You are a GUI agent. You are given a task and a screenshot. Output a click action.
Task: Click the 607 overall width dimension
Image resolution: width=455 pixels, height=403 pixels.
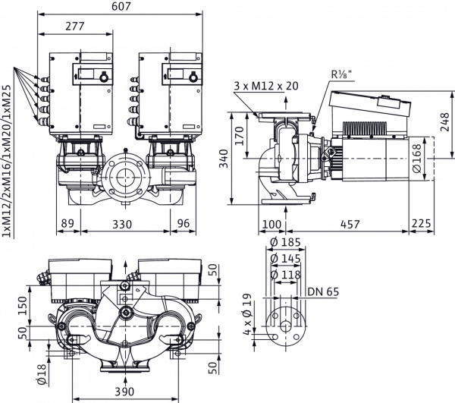point(121,6)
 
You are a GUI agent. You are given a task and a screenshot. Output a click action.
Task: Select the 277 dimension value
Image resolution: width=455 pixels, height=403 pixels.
point(75,26)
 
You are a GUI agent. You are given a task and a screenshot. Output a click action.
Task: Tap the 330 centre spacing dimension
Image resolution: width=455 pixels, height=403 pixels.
point(122,224)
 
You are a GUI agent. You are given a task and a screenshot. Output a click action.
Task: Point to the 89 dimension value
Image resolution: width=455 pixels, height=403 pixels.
point(67,224)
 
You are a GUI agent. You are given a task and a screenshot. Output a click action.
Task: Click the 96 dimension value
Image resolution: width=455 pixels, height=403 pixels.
point(184,224)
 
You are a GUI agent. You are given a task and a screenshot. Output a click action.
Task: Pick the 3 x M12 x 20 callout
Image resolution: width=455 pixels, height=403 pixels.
point(266,86)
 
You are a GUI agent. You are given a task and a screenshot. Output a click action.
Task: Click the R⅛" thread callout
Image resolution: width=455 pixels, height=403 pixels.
point(341,74)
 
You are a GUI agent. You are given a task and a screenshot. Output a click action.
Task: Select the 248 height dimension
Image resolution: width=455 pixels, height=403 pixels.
point(445,122)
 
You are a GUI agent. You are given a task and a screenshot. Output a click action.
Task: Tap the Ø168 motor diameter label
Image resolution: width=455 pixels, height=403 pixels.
point(417,159)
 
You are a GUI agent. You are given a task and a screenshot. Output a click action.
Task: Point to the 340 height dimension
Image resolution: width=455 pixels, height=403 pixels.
point(224,159)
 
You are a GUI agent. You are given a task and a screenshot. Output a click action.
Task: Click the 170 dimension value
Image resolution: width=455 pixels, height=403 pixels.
point(240,136)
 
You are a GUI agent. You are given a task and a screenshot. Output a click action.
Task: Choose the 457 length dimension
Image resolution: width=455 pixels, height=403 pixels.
point(350,224)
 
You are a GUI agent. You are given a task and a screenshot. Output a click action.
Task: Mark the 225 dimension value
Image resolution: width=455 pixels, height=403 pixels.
point(422,224)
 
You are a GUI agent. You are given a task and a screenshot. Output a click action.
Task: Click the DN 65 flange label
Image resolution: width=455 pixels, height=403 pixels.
point(323,291)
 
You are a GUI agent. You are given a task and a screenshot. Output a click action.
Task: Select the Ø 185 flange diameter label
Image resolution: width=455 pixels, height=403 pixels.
point(285,242)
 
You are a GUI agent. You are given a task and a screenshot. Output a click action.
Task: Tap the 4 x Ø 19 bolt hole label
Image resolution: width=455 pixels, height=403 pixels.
point(246,314)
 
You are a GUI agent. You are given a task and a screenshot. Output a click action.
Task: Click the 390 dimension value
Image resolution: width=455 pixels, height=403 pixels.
point(124,392)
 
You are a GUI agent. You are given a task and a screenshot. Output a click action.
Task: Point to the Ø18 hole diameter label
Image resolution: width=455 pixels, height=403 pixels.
point(42,374)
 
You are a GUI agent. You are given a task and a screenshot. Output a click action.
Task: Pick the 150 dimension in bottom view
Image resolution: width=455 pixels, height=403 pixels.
point(22,306)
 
